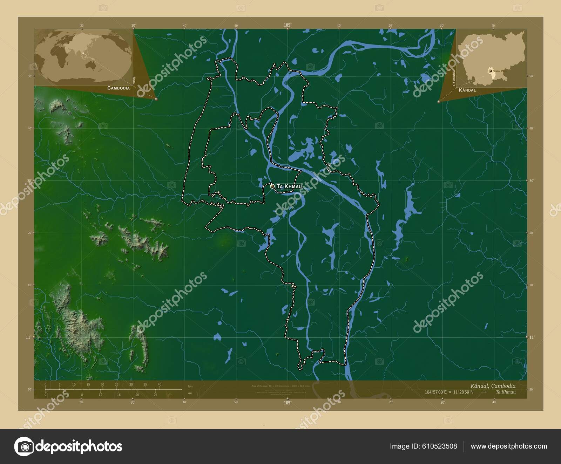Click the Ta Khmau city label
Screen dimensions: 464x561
pos(289,186)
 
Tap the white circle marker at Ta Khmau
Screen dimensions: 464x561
pos(272,186)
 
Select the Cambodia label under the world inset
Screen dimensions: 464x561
pos(118,88)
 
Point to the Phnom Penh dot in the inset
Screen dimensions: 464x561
pos(490,70)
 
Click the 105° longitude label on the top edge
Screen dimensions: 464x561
pos(288,25)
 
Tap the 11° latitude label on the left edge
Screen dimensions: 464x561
pos(28,337)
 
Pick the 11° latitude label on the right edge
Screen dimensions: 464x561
pos(532,337)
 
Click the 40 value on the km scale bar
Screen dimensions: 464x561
pos(159,384)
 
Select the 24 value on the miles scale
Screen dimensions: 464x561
pos(155,395)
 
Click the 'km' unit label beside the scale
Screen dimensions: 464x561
pos(190,386)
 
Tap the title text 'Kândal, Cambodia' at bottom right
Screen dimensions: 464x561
pos(493,386)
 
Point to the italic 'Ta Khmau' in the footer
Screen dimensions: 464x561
pos(506,392)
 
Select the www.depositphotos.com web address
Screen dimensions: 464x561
pos(509,446)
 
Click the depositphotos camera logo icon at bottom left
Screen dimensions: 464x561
pos(24,446)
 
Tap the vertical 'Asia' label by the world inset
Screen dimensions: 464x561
pos(134,80)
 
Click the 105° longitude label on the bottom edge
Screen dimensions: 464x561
pos(288,403)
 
